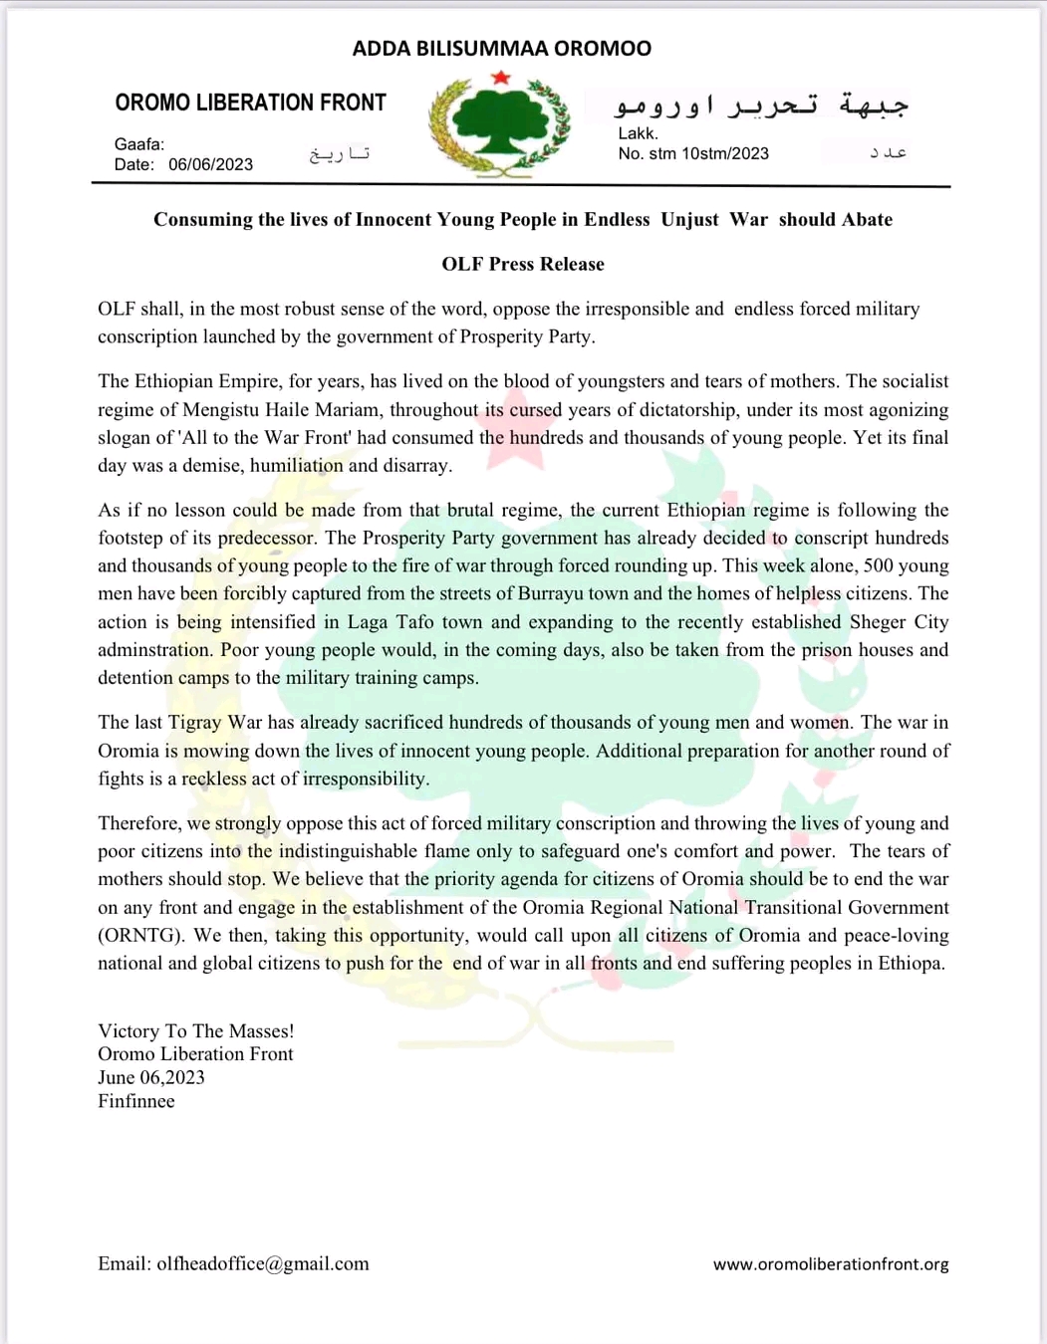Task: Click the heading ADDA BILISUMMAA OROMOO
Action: (x=501, y=48)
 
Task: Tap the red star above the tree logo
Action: (x=501, y=78)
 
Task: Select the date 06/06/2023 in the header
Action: (x=210, y=165)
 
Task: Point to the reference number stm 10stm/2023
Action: (x=708, y=153)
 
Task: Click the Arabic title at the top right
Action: (x=761, y=104)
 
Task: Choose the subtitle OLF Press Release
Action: (x=523, y=264)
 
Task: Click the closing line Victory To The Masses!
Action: (x=195, y=1031)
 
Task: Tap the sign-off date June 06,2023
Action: (x=151, y=1078)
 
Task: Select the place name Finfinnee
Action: (x=136, y=1101)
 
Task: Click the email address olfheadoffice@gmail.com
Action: (x=262, y=1263)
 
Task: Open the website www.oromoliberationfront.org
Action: (x=830, y=1264)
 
